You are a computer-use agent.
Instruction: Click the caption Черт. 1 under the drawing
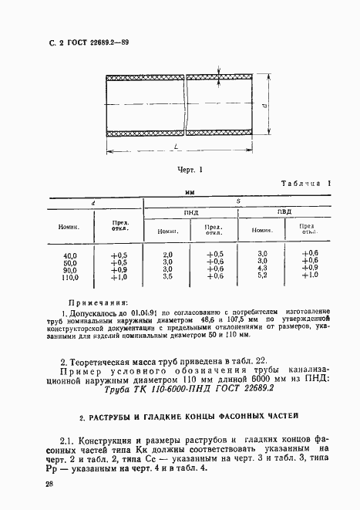[189, 168]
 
